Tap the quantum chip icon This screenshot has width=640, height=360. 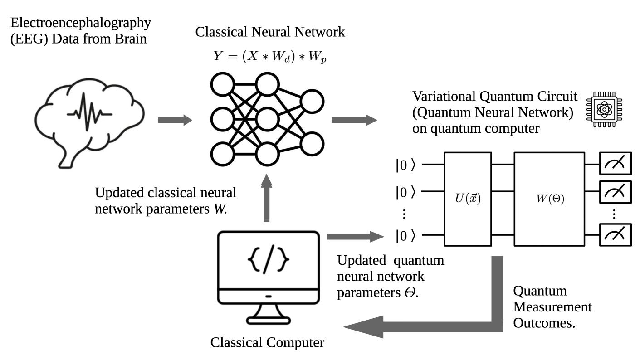click(604, 109)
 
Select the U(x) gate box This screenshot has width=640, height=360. click(467, 199)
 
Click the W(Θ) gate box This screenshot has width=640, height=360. click(549, 199)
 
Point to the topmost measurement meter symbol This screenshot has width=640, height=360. click(616, 164)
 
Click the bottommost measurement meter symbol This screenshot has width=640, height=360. click(616, 234)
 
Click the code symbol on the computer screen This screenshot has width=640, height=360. click(269, 261)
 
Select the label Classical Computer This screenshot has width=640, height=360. click(267, 343)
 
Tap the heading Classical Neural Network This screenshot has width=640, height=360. click(270, 32)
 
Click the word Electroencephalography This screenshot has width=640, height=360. click(81, 22)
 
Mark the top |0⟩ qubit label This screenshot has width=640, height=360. click(405, 165)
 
